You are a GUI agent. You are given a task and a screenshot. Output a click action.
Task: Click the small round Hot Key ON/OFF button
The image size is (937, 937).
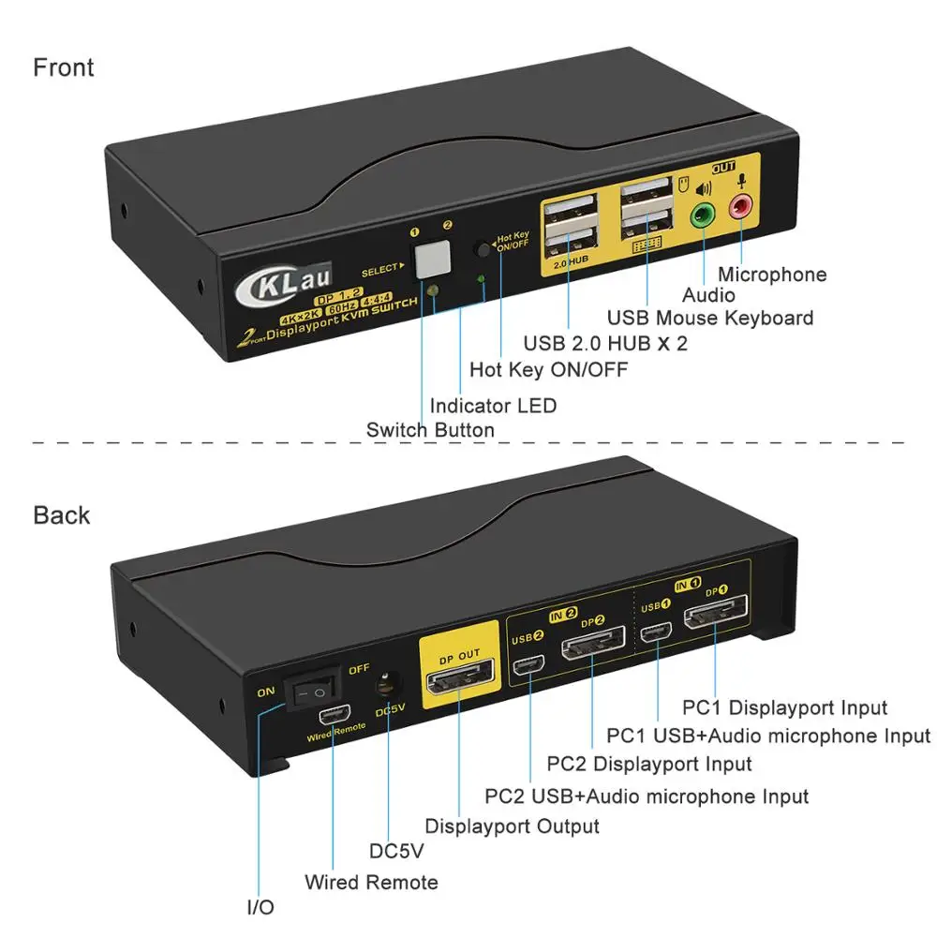(x=483, y=250)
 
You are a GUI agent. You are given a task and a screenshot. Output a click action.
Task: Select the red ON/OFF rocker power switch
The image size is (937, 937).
(x=312, y=693)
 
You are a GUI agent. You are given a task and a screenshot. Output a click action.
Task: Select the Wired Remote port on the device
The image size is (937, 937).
(x=332, y=717)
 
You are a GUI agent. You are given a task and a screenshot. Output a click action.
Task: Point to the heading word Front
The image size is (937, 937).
(x=64, y=67)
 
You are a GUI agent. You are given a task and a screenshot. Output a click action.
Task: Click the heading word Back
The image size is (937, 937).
(x=62, y=515)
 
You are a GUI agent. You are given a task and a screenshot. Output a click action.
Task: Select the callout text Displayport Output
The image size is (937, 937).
(x=512, y=826)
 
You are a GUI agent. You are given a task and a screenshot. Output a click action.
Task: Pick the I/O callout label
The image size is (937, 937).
(x=260, y=907)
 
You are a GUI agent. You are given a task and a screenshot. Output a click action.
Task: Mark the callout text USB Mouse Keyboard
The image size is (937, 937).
(x=710, y=318)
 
